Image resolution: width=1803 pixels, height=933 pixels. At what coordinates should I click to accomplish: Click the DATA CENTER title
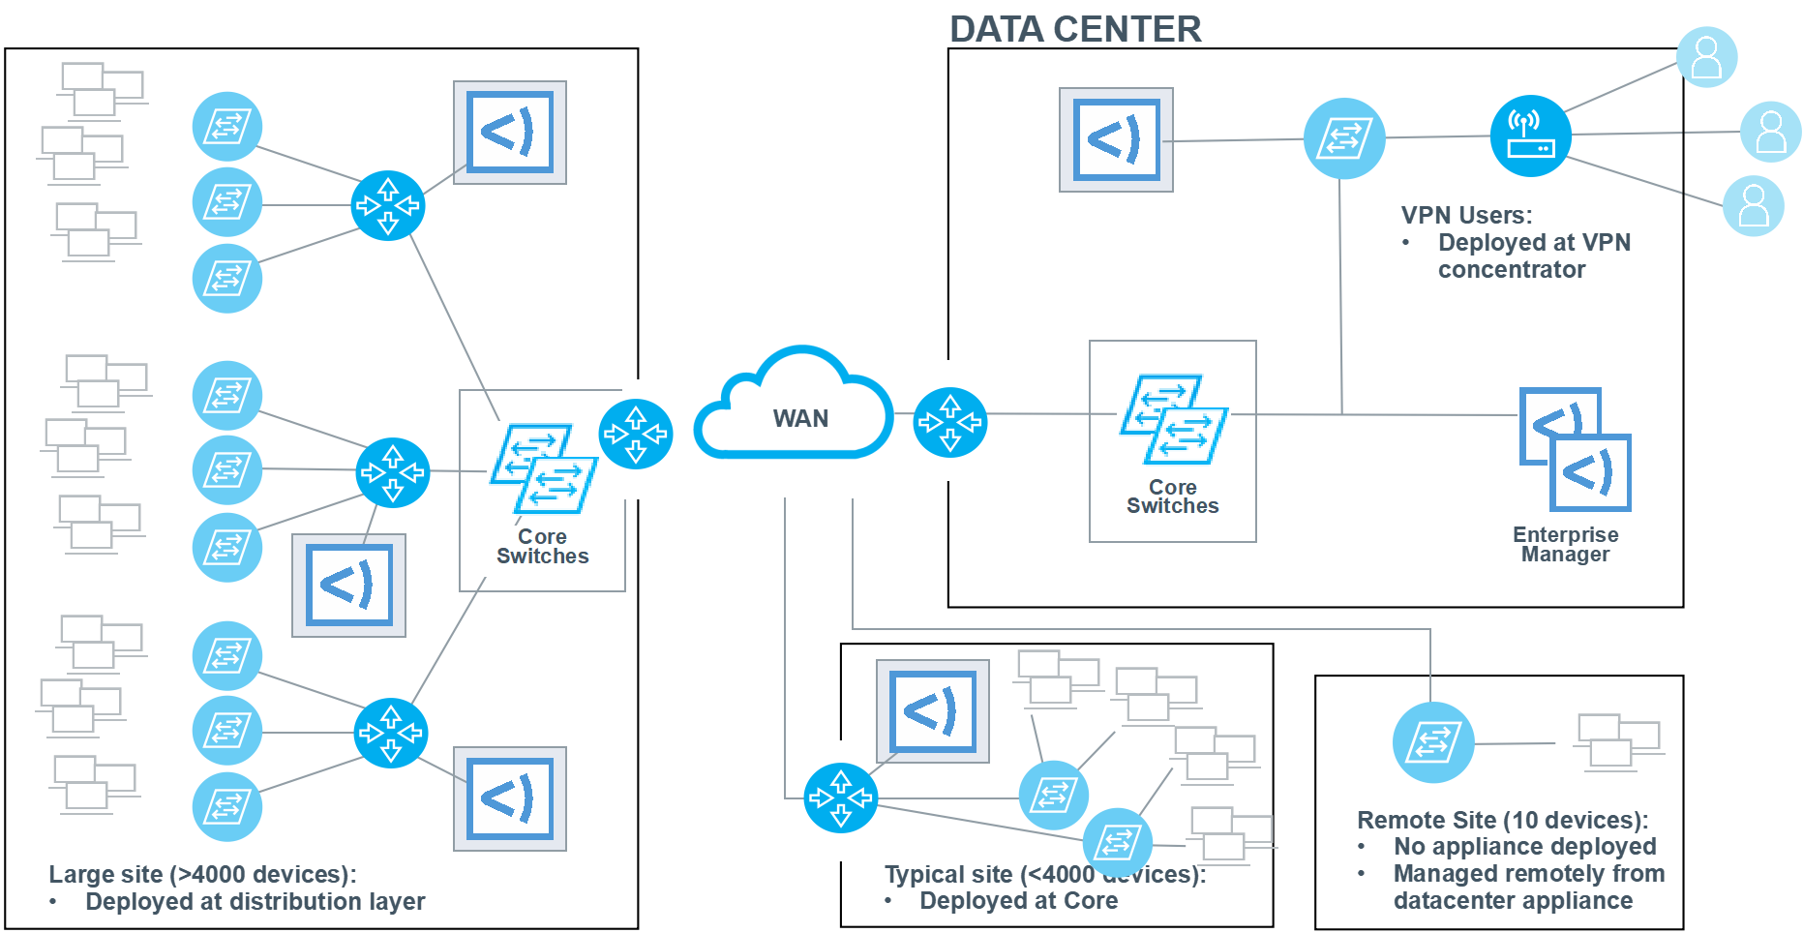(1075, 30)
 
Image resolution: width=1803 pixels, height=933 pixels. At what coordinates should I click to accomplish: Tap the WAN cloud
(796, 410)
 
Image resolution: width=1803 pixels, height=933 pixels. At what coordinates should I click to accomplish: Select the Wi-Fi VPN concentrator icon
(1530, 136)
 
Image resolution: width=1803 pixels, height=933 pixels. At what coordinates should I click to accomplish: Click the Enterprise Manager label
(1565, 544)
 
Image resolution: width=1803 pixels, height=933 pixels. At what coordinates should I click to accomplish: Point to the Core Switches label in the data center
(1173, 497)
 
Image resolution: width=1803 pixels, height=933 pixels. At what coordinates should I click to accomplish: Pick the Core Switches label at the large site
(542, 547)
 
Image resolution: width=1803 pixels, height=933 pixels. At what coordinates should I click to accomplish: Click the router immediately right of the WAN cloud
(950, 422)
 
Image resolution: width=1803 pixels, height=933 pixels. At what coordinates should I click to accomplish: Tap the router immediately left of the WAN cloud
(636, 434)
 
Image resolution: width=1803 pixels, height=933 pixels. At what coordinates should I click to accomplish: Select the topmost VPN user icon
(1706, 57)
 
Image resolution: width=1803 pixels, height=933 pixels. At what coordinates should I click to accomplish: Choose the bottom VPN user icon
(1754, 206)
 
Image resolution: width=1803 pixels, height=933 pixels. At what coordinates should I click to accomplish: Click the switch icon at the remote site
(1433, 742)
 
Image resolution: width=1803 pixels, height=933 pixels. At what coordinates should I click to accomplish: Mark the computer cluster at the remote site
(1618, 741)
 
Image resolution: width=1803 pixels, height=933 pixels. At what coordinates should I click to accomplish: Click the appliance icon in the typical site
(933, 711)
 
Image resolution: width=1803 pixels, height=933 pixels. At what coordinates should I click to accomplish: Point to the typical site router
(840, 798)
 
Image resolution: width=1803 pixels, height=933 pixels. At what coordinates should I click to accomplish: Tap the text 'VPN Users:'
(1466, 216)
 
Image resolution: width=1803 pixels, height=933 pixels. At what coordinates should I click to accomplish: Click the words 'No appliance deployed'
(1524, 847)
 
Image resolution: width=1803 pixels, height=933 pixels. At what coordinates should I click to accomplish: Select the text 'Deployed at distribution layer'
(255, 902)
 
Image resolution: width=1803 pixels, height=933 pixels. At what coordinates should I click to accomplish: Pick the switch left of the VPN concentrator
(1344, 138)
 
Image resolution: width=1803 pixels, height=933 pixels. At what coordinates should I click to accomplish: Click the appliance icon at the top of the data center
(1116, 140)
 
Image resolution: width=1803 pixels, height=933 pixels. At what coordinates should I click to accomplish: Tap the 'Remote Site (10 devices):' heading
(1502, 821)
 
